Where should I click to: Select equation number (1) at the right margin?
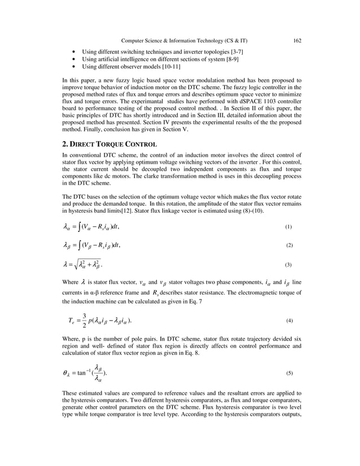(288, 227)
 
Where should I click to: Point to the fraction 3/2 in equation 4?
(84, 320)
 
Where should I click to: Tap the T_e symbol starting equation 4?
(72, 320)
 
